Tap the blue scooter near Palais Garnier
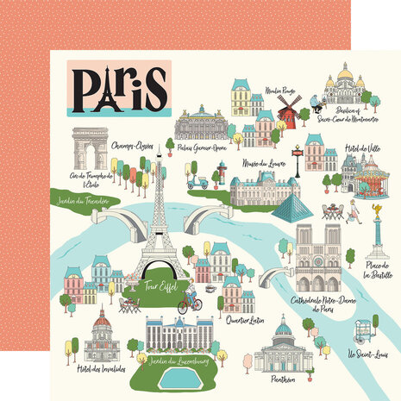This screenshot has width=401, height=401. pyautogui.click(x=198, y=182)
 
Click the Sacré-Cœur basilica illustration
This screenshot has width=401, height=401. pyautogui.click(x=344, y=87)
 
